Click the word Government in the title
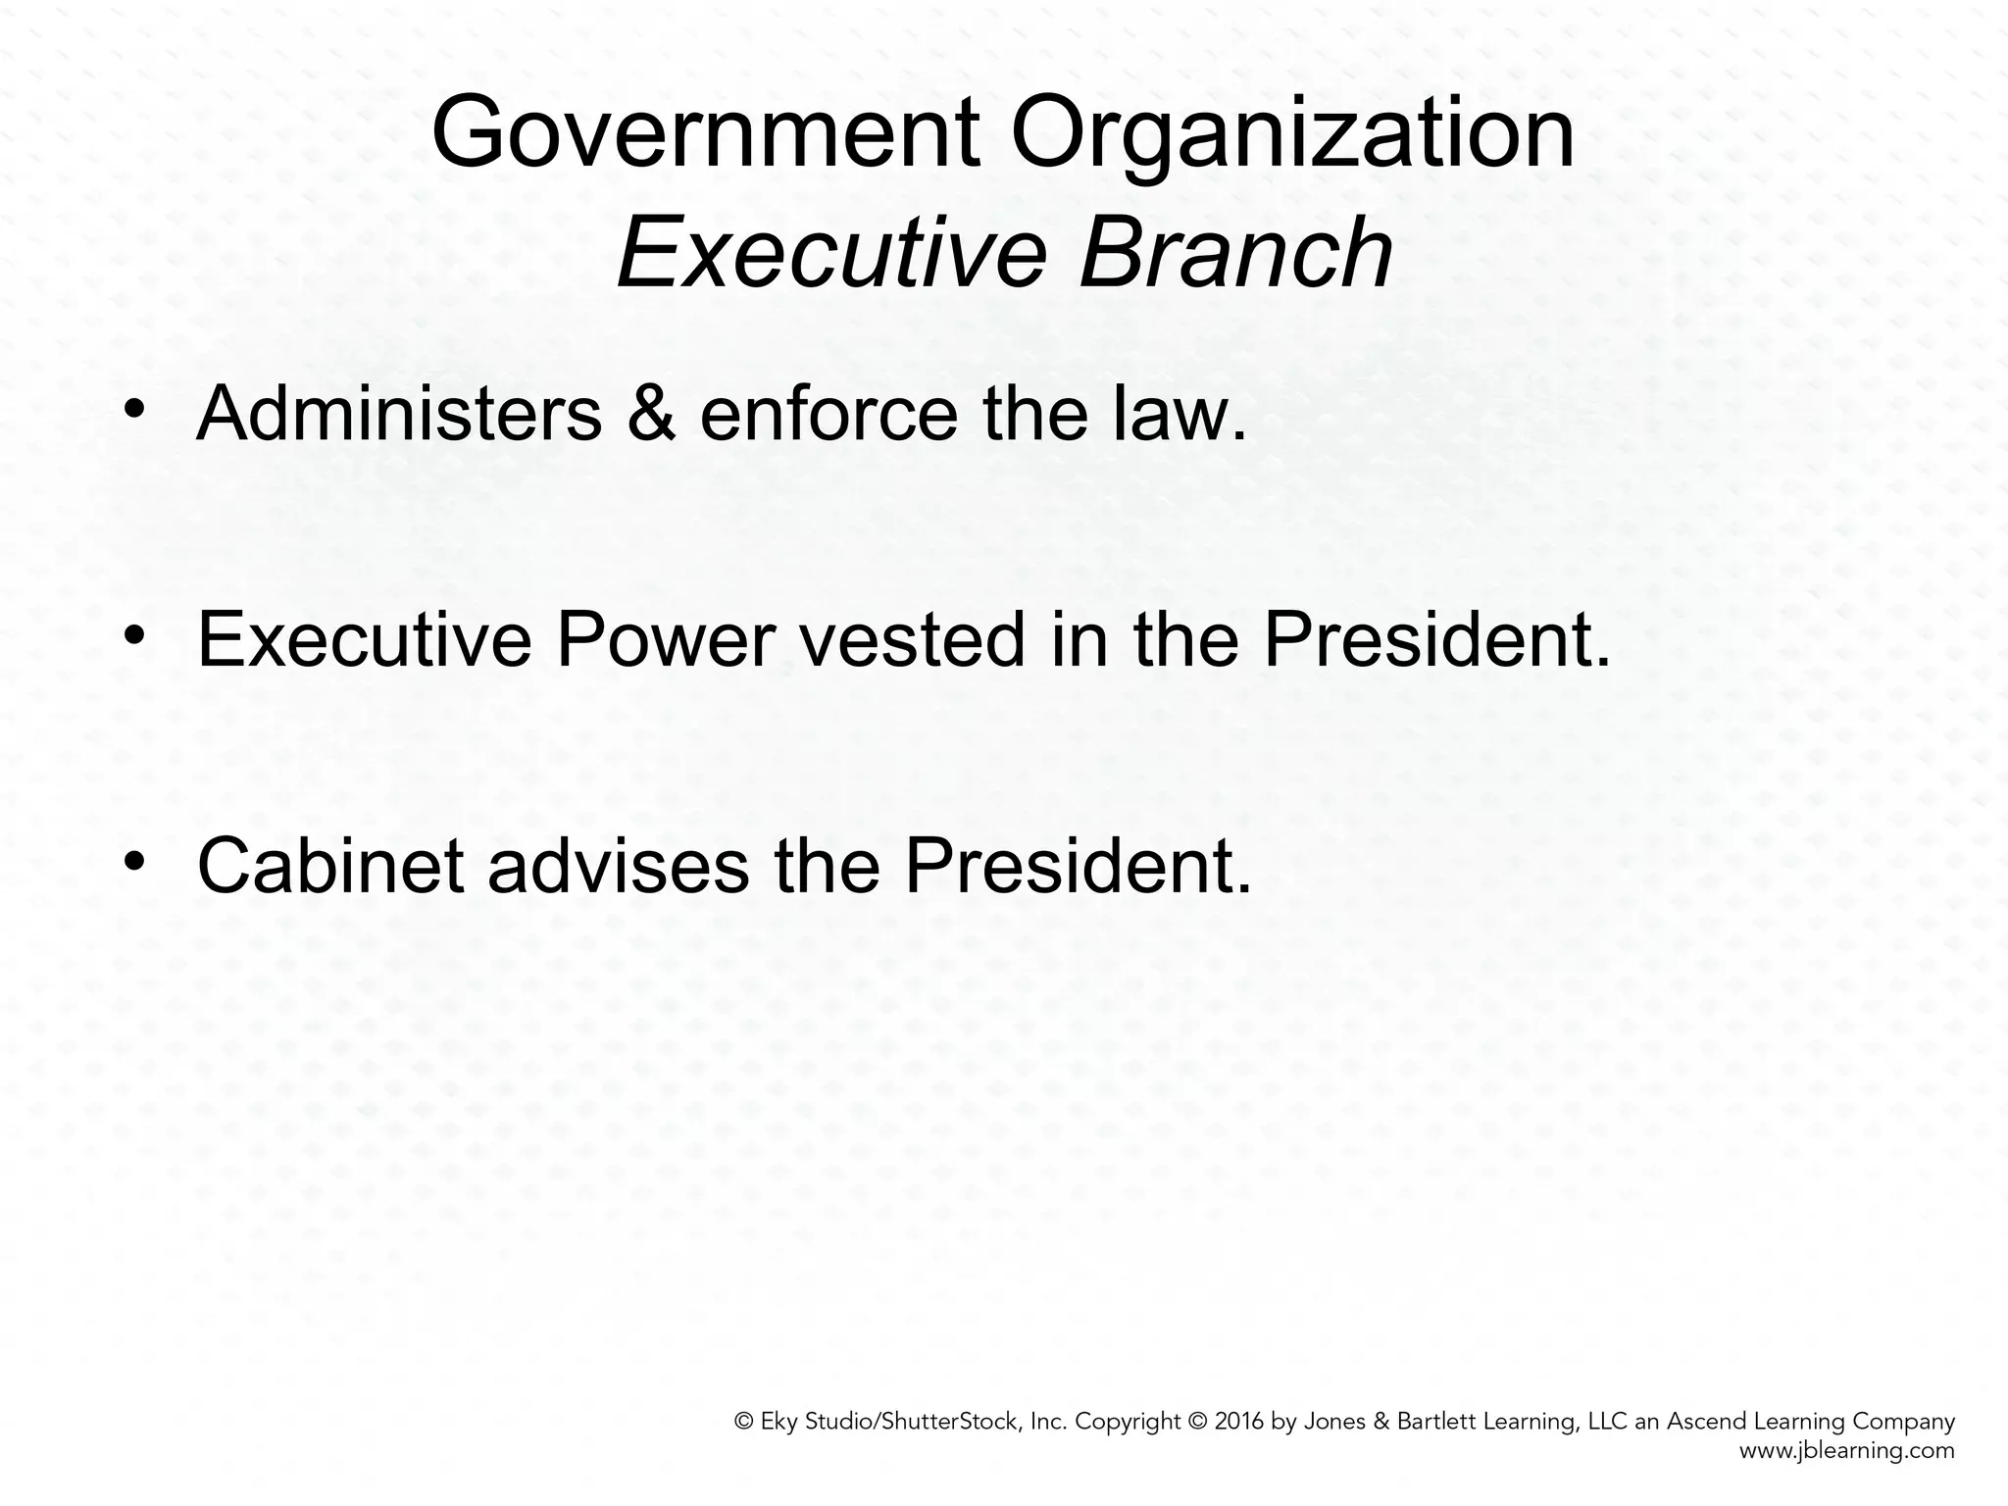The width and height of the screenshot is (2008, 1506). tap(706, 134)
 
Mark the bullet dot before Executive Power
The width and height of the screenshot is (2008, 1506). tap(134, 635)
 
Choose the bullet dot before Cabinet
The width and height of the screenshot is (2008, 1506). tap(134, 860)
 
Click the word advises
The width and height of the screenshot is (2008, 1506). tap(618, 866)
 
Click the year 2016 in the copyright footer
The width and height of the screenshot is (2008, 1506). tap(1239, 1422)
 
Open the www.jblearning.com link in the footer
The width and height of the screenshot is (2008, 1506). tap(1846, 1451)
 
